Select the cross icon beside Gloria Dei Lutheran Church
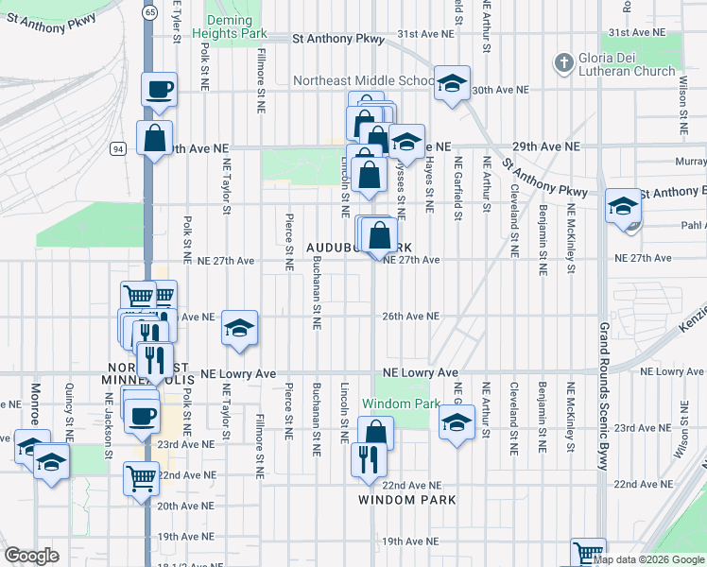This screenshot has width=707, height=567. [x=563, y=62]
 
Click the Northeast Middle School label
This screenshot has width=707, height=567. [x=363, y=80]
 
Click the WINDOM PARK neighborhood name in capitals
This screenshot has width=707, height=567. [x=407, y=500]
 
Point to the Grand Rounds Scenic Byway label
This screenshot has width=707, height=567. [x=602, y=397]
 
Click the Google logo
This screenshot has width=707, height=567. [x=31, y=556]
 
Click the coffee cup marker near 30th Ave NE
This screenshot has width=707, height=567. [x=159, y=90]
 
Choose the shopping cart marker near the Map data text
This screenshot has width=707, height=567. [x=588, y=552]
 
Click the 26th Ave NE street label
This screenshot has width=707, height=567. [x=411, y=317]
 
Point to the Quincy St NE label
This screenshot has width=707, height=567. [x=69, y=403]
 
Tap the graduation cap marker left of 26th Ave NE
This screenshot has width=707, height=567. [x=240, y=328]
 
